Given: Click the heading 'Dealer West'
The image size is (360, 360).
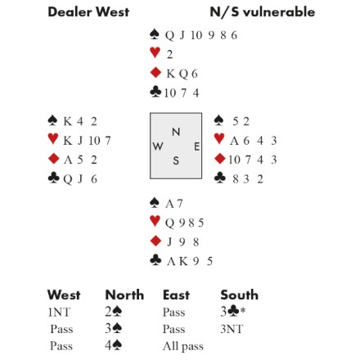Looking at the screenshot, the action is [x=88, y=12].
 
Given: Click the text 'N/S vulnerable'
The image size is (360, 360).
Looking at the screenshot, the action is [x=263, y=12].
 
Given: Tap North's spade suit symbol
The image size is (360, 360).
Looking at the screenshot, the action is [x=155, y=34].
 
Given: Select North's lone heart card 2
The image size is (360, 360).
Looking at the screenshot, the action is [x=169, y=55].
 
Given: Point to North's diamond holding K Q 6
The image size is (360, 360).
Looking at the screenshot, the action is [x=182, y=74].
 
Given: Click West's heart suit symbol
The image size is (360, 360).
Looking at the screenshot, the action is [x=53, y=138].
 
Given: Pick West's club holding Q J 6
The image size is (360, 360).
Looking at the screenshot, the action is [x=80, y=179].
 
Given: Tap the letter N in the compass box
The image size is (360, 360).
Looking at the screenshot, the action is [x=176, y=132].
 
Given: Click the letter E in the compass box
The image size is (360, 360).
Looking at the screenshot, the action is [x=196, y=146].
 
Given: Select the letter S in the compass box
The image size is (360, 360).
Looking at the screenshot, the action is [x=176, y=160].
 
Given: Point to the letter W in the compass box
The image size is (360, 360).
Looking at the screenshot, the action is [x=158, y=146].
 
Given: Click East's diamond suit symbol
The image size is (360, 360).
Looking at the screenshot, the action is [x=220, y=159].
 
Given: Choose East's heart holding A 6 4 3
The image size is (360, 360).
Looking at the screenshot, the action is [x=254, y=141].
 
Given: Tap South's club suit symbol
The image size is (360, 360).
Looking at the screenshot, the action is [x=155, y=260].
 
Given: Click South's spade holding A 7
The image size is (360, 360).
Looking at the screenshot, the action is [x=173, y=204].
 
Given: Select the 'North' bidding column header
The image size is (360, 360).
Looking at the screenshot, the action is [x=124, y=295].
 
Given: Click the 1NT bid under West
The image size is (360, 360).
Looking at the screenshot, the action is [x=59, y=312].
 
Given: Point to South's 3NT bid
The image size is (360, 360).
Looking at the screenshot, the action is [x=232, y=329].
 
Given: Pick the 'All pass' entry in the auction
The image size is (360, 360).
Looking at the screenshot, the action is [x=183, y=346].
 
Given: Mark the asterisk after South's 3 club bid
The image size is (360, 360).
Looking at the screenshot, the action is [x=243, y=310].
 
